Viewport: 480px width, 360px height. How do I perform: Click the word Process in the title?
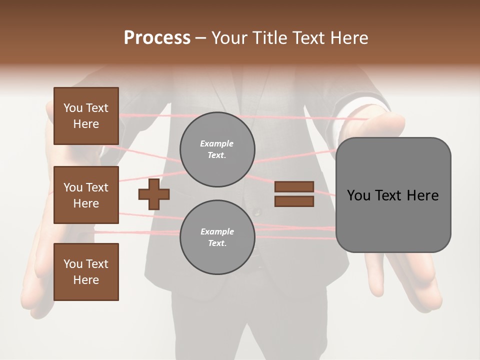[x=157, y=38]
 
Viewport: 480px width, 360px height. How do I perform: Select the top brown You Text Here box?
[x=86, y=116]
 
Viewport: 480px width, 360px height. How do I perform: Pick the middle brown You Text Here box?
[x=86, y=195]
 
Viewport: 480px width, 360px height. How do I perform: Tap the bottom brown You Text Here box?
[x=86, y=272]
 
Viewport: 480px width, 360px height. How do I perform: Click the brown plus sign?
[x=154, y=194]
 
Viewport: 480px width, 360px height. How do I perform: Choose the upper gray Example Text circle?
[x=217, y=149]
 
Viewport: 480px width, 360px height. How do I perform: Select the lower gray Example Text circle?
[x=217, y=237]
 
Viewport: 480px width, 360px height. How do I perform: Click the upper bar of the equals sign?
[x=294, y=186]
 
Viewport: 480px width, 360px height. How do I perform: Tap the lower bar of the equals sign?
[x=294, y=201]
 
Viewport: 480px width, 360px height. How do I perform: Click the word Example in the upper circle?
[x=217, y=144]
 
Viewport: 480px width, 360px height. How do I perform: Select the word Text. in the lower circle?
[x=217, y=243]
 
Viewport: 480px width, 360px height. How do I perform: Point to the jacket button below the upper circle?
[x=257, y=212]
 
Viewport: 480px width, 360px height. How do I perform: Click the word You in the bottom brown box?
[x=72, y=264]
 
